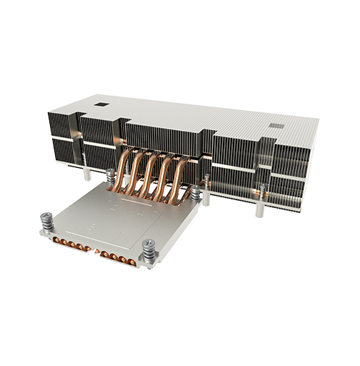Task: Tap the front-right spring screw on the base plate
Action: [149, 251]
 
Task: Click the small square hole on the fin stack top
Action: [103, 104]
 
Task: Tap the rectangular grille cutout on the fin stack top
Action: [276, 127]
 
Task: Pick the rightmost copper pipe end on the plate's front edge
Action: [131, 259]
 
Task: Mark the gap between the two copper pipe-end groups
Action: [94, 251]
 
